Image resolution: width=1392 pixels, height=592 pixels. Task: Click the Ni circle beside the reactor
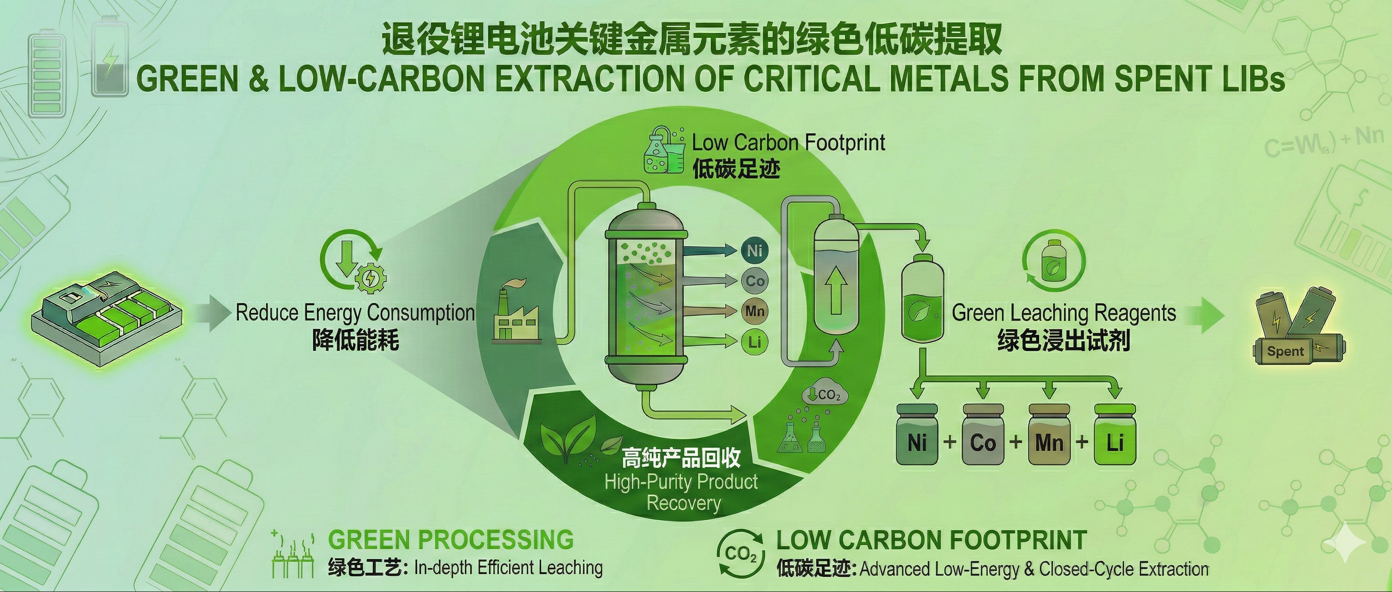coord(755,250)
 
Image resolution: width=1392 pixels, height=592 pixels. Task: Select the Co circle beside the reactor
coord(755,281)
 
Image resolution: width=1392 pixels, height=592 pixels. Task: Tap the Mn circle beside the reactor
coord(755,311)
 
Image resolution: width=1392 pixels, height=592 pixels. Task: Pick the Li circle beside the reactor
coord(755,342)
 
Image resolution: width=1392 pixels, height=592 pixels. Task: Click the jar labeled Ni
coord(918,435)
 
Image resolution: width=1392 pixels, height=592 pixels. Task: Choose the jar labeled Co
coord(983,435)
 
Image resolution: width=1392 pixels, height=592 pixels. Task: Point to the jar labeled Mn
coord(1049,435)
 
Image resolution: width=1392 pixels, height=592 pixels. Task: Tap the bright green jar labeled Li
coord(1115,435)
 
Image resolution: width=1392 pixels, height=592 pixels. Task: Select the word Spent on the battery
coord(1286,351)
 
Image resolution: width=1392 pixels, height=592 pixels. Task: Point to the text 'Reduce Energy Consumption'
coord(355,312)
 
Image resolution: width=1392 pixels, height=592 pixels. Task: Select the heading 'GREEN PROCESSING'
coord(451,539)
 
